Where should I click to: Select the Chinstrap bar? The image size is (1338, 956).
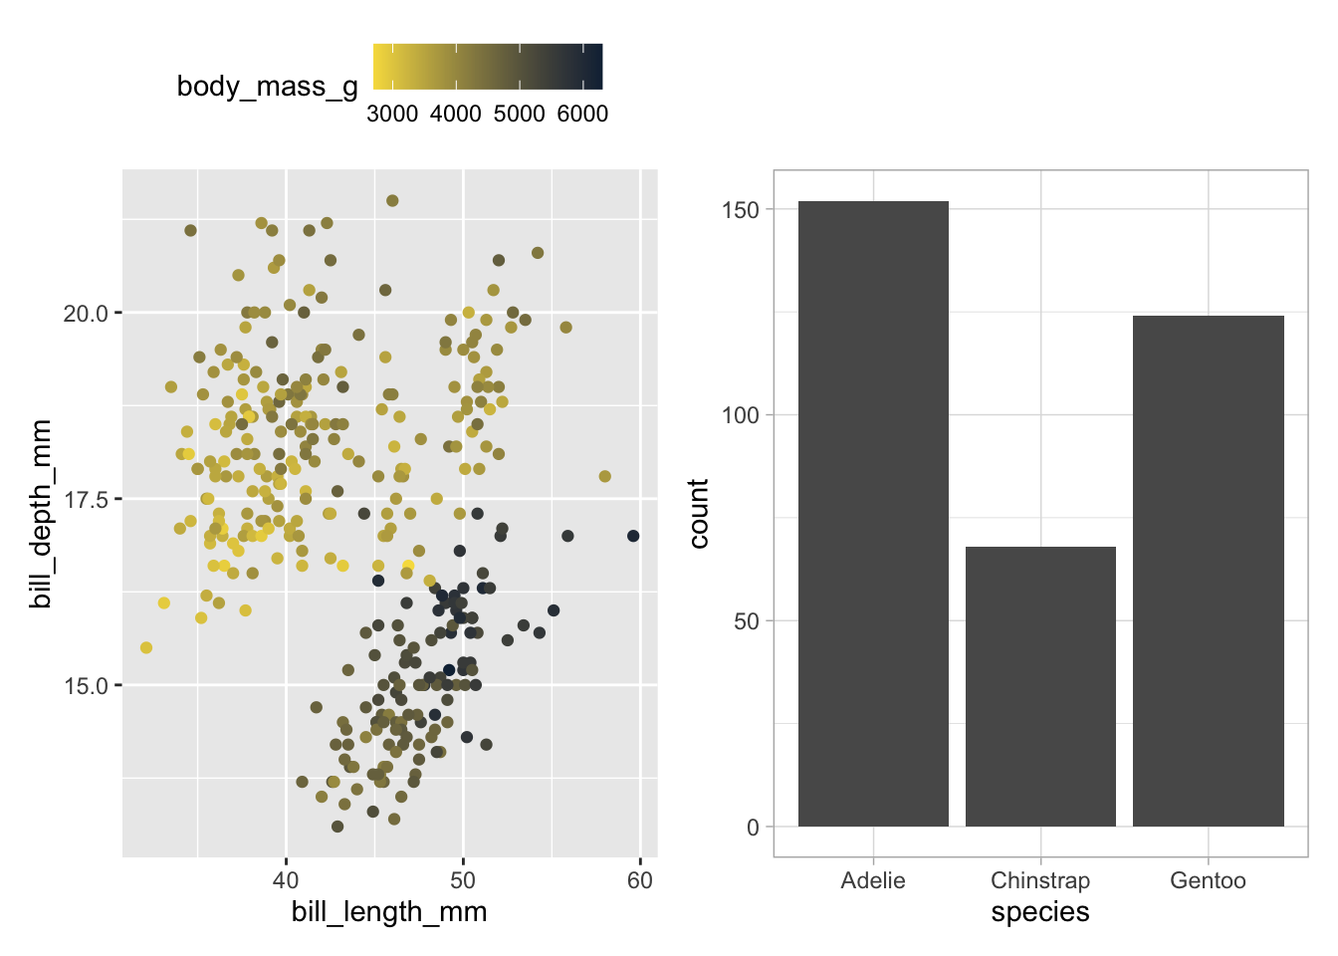[1040, 686]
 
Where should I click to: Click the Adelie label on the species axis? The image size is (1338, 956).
[873, 880]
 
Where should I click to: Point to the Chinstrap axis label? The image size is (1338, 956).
[1040, 880]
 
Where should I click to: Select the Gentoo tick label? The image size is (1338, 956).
[1208, 880]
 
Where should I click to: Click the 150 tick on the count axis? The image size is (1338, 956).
[741, 210]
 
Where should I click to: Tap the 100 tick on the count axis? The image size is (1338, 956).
[741, 415]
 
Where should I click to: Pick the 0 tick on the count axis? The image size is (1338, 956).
[753, 827]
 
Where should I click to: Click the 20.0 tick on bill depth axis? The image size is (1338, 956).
[86, 314]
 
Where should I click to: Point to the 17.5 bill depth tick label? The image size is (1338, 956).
[86, 500]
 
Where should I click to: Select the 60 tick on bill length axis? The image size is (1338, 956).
[640, 880]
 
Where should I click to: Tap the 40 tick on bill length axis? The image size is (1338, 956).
[286, 880]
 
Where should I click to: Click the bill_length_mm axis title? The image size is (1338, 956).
[389, 912]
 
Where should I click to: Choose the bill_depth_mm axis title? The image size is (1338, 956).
[41, 513]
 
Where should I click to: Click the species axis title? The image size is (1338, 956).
[1040, 912]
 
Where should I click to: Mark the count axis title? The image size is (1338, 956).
[698, 513]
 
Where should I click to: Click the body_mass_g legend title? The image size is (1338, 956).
[267, 87]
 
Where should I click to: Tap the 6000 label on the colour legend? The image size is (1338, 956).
[582, 114]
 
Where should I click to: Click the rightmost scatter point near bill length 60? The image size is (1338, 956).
[633, 536]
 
